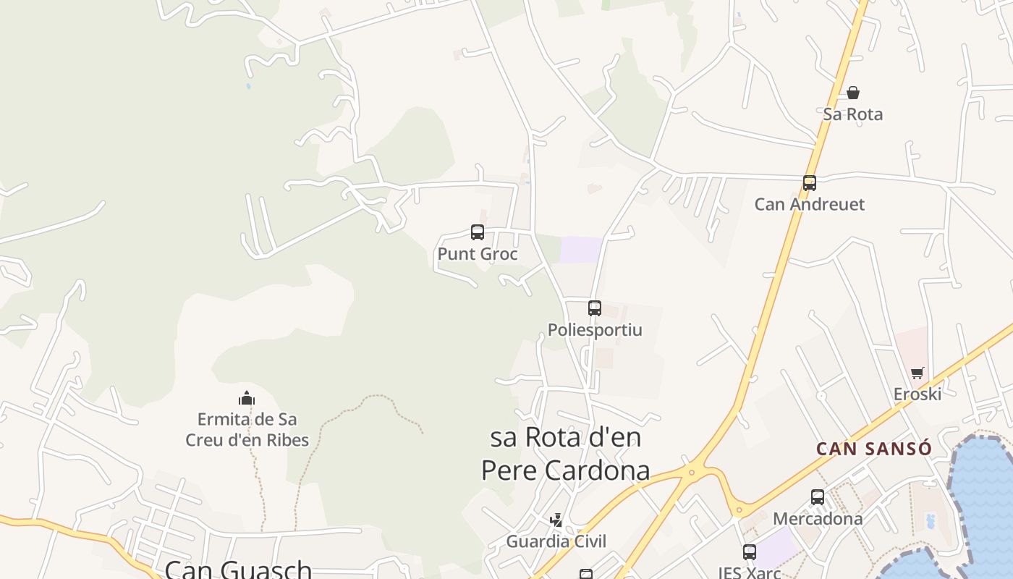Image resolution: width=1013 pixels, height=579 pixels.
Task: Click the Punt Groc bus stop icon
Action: click(x=478, y=232)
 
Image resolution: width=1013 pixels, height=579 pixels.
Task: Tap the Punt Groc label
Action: click(x=478, y=254)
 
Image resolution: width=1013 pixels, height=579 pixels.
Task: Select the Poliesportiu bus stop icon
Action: click(x=595, y=308)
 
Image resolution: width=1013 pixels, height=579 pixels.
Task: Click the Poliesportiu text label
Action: click(x=595, y=330)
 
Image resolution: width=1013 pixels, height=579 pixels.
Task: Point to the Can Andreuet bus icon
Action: click(x=810, y=183)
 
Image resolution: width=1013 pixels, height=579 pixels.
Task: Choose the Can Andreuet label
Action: click(x=810, y=204)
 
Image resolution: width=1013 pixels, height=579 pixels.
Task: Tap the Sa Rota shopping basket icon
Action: click(x=853, y=93)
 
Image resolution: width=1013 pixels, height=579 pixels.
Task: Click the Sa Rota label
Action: click(x=853, y=114)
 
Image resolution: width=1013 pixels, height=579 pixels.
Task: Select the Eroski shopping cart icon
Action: click(x=917, y=373)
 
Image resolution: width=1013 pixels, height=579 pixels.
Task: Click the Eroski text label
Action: click(x=917, y=394)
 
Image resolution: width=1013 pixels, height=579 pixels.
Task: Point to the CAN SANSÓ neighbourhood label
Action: click(x=874, y=449)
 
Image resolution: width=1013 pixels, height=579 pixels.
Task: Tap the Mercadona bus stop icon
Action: click(x=818, y=497)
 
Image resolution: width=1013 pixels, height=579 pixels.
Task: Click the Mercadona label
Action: click(x=818, y=519)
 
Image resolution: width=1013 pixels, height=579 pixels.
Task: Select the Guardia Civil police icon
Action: click(x=556, y=520)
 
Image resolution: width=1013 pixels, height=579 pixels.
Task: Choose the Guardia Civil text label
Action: click(x=556, y=541)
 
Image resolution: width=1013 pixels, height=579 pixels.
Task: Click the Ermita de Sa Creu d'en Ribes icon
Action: click(x=247, y=398)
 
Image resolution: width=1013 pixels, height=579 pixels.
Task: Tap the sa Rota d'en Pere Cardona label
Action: click(x=566, y=454)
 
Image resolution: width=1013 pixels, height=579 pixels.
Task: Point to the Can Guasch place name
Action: click(x=238, y=569)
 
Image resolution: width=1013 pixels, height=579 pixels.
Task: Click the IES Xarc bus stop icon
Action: click(x=750, y=552)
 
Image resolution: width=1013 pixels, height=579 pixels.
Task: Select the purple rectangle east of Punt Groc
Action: click(x=582, y=250)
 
